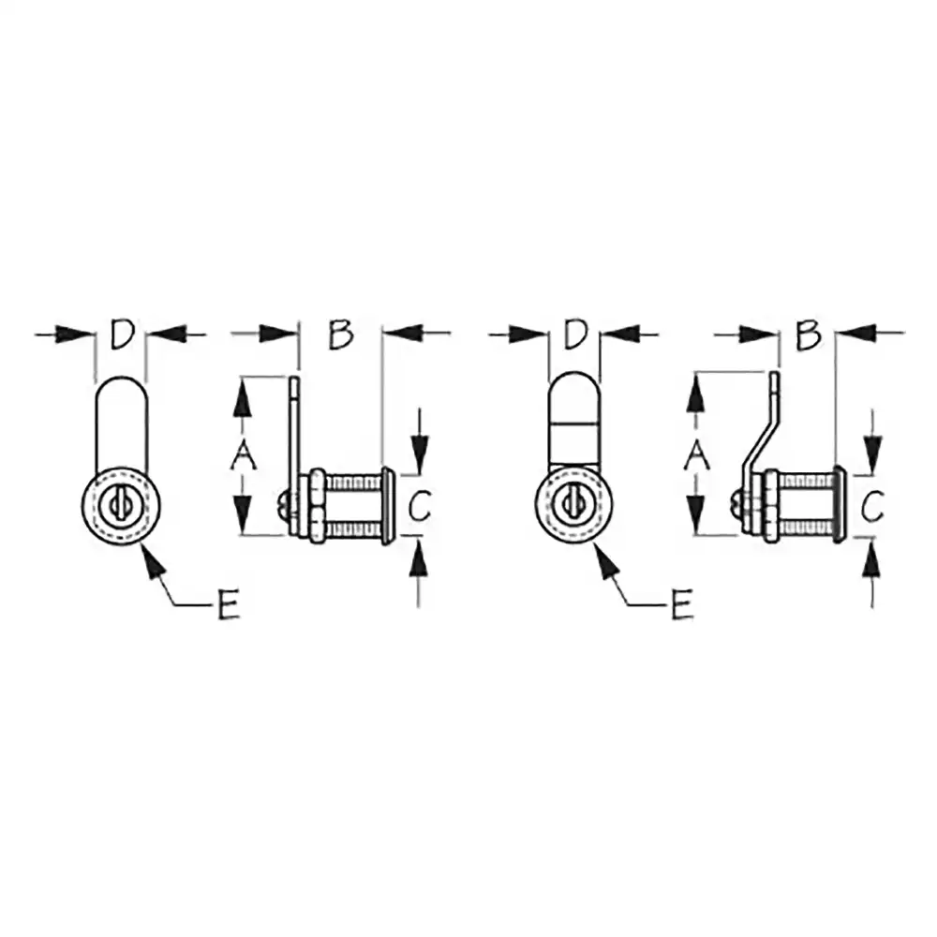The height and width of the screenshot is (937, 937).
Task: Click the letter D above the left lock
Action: pos(122,335)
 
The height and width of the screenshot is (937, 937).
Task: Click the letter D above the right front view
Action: pos(575,335)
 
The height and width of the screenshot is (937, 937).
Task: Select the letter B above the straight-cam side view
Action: pos(341,335)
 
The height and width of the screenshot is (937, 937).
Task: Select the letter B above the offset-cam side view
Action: pos(808,335)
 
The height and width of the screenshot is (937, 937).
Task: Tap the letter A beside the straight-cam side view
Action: pos(244,458)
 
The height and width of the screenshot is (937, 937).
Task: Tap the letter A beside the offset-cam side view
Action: pos(696,458)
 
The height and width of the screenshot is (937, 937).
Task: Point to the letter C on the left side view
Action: pos(420,506)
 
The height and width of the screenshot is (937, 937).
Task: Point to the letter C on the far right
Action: pos(872,506)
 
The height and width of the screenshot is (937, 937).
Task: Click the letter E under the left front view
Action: pos(228,604)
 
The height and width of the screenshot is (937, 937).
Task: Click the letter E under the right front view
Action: pos(680,604)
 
